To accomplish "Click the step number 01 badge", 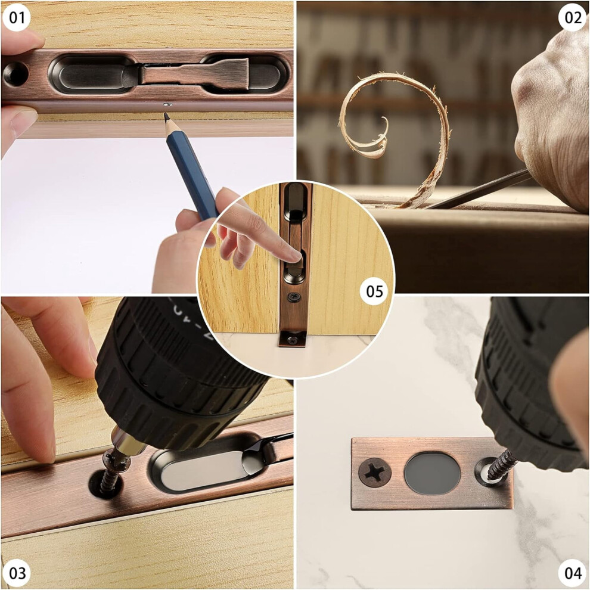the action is tap(16, 17).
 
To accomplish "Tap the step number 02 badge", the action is tap(573, 17).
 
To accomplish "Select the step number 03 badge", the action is tap(17, 573).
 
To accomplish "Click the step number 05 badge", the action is tap(374, 291).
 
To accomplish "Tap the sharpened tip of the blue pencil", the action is tap(166, 116).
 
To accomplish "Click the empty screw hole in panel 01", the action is tap(16, 73).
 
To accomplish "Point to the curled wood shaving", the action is tap(395, 128).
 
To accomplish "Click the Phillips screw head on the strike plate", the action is tap(374, 472).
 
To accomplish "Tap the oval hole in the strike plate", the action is tap(432, 473).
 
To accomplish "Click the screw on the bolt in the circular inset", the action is tap(294, 297).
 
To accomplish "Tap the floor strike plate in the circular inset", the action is tap(293, 339).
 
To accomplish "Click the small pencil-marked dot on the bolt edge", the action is tap(167, 104).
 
